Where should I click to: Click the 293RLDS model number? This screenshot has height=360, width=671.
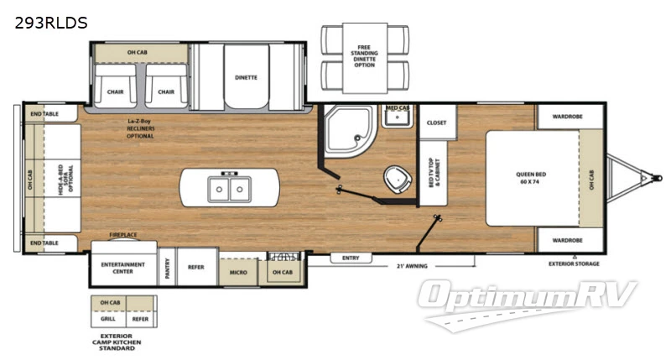[x=50, y=23]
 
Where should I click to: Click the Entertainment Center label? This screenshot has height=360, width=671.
[x=123, y=267]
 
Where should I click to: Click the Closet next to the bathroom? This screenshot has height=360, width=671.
[x=436, y=123]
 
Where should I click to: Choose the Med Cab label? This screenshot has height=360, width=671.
[x=397, y=109]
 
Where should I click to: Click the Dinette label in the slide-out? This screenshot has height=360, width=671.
[x=246, y=78]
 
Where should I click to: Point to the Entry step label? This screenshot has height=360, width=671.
[x=351, y=258]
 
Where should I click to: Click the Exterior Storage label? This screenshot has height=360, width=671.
[x=575, y=263]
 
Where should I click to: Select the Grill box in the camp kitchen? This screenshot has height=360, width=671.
[x=107, y=319]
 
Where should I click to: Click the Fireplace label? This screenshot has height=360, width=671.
[x=123, y=235]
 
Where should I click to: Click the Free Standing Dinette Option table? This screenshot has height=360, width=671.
[x=364, y=58]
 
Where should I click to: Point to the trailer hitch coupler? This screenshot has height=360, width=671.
[x=647, y=177]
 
